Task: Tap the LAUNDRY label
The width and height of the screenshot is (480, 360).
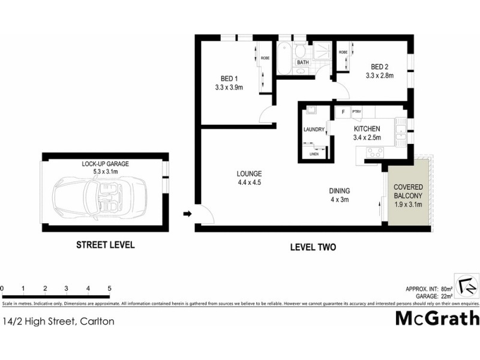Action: pyautogui.click(x=314, y=130)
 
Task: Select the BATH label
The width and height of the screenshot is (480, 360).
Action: pyautogui.click(x=303, y=62)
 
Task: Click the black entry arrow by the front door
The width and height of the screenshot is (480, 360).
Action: pyautogui.click(x=187, y=213)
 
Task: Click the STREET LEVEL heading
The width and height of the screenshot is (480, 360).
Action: pyautogui.click(x=105, y=245)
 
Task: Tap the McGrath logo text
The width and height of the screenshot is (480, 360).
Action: pyautogui.click(x=437, y=318)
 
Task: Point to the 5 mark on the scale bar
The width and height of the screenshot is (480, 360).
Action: pyautogui.click(x=109, y=289)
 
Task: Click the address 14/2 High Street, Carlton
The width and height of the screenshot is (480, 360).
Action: pyautogui.click(x=58, y=321)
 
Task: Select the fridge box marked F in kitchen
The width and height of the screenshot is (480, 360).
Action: pyautogui.click(x=343, y=112)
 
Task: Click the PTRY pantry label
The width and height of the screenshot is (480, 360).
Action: pyautogui.click(x=356, y=112)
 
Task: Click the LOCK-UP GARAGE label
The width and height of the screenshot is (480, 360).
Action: pyautogui.click(x=106, y=163)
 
